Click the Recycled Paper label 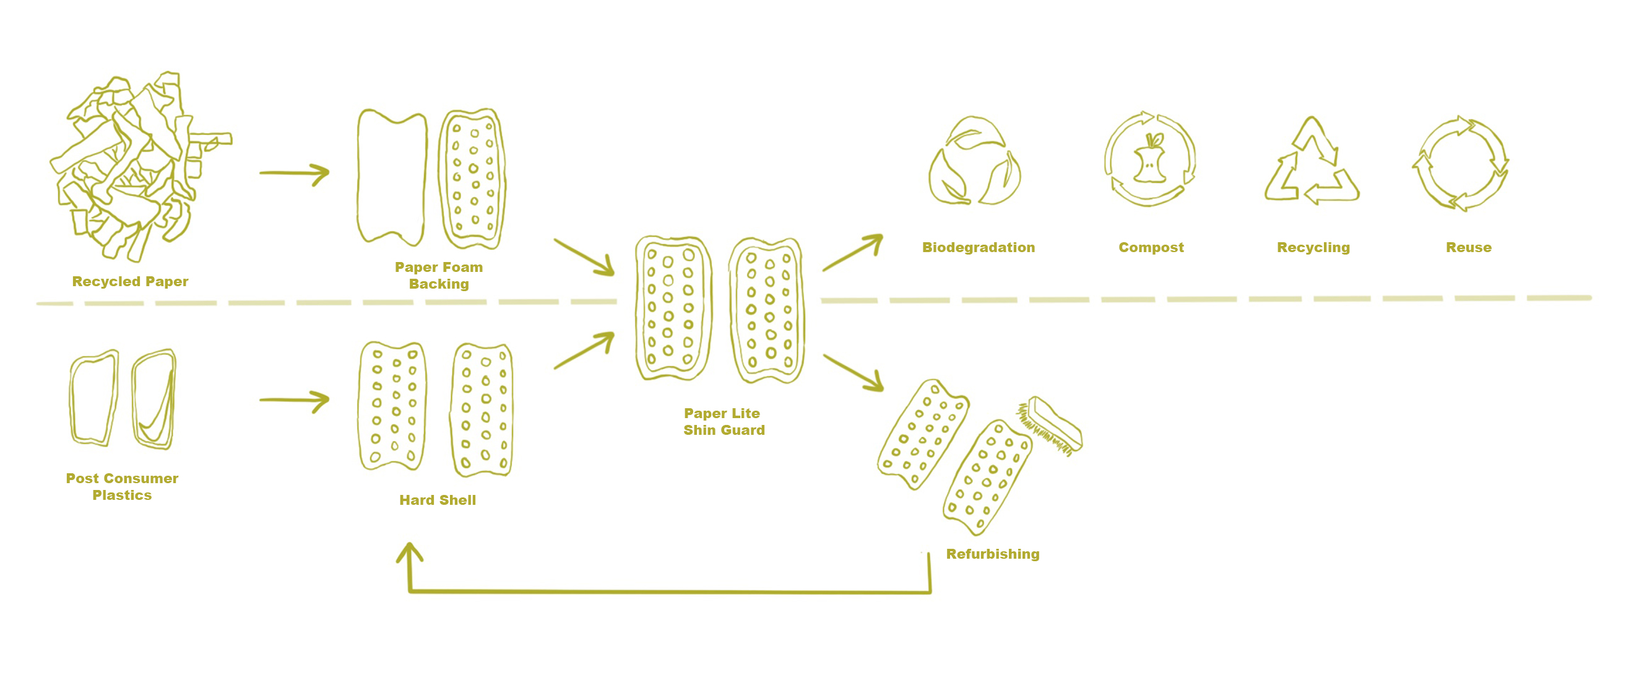point(130,281)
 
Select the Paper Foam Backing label point(439,276)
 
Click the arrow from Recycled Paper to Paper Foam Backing point(295,173)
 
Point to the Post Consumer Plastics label point(122,486)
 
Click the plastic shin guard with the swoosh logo point(154,400)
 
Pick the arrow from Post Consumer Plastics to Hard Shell point(295,400)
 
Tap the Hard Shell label point(438,500)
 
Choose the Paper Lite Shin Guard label point(724,421)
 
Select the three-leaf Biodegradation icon point(974,162)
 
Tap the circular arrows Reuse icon point(1460,163)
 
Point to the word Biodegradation point(978,248)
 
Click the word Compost point(1151,248)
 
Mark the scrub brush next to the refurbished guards point(1050,426)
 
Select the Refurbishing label point(993,554)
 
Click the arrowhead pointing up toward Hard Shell point(410,552)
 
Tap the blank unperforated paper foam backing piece point(391,178)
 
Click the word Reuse point(1469,248)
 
